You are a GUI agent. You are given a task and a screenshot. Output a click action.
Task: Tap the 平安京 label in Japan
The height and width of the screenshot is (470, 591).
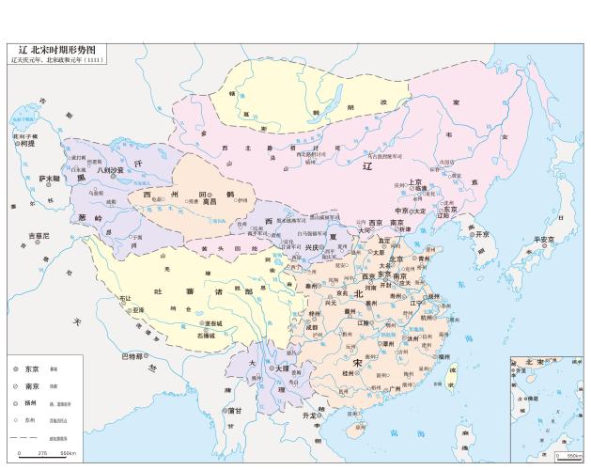545,239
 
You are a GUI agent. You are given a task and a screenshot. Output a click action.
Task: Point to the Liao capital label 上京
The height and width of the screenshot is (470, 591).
416,182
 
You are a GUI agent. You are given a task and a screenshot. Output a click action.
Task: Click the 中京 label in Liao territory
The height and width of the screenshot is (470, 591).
402,211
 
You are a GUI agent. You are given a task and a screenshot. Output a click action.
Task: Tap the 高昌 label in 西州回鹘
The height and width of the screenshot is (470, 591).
209,201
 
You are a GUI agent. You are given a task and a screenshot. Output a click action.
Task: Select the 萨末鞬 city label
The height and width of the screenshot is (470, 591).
49,178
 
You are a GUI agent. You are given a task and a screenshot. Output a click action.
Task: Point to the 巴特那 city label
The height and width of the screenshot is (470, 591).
132,355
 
